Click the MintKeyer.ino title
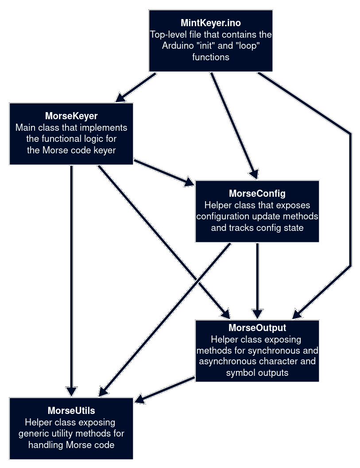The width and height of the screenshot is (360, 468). pos(211,23)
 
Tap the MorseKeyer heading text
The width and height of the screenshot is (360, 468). pos(71,116)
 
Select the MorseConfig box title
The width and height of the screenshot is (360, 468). pos(257,194)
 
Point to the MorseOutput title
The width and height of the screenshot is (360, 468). pos(257,328)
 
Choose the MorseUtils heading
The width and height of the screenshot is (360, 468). pos(71,411)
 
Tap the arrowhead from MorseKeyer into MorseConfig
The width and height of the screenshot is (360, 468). pos(190,182)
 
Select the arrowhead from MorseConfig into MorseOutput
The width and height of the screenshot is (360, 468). pos(257,314)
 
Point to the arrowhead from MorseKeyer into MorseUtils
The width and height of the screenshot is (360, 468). pos(71,392)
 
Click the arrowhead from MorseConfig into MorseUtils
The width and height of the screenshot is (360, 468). pos(102,392)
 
